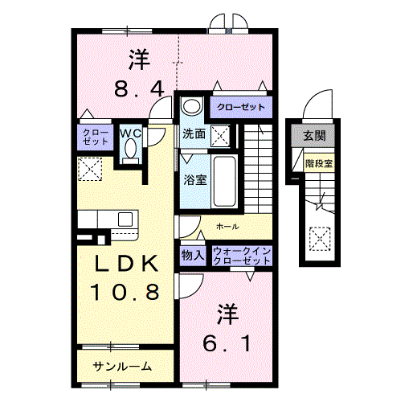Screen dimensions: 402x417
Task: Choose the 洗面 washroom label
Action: tap(193, 133)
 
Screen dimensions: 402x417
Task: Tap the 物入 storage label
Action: tap(193, 255)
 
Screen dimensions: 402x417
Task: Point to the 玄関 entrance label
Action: tap(314, 134)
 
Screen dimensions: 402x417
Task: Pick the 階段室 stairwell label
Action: tap(319, 163)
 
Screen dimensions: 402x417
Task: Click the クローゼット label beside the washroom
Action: tap(238, 107)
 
